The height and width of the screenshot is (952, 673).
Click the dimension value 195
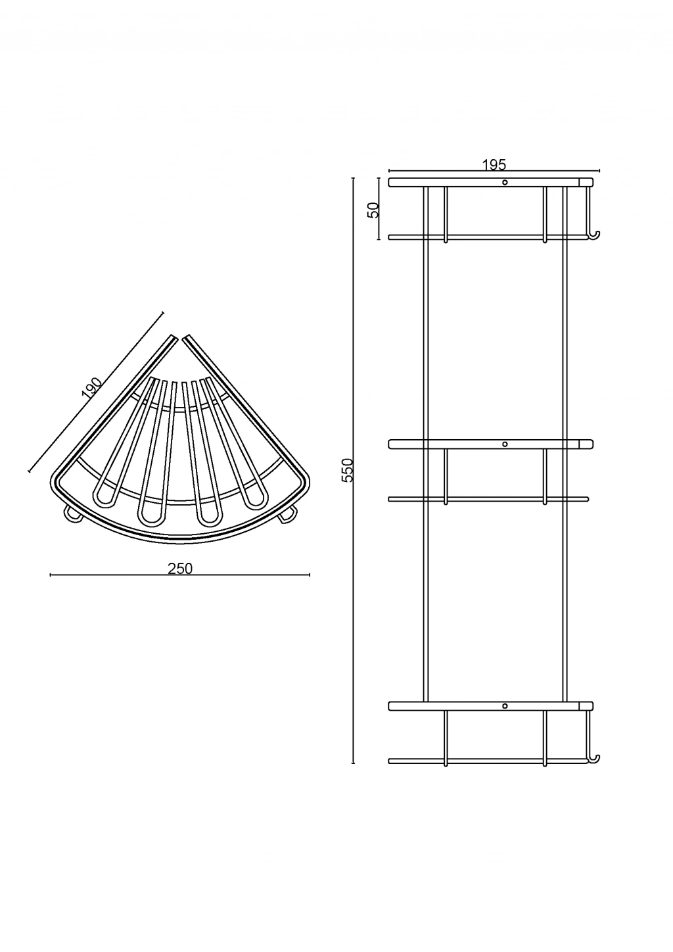point(494,164)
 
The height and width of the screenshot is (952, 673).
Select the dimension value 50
point(373,210)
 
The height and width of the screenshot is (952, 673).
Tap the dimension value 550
point(348,470)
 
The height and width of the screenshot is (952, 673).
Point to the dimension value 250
point(180,568)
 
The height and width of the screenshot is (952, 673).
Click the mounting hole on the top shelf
point(505,182)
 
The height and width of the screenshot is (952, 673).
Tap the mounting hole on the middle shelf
point(505,444)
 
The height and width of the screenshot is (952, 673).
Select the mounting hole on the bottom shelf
point(505,706)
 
